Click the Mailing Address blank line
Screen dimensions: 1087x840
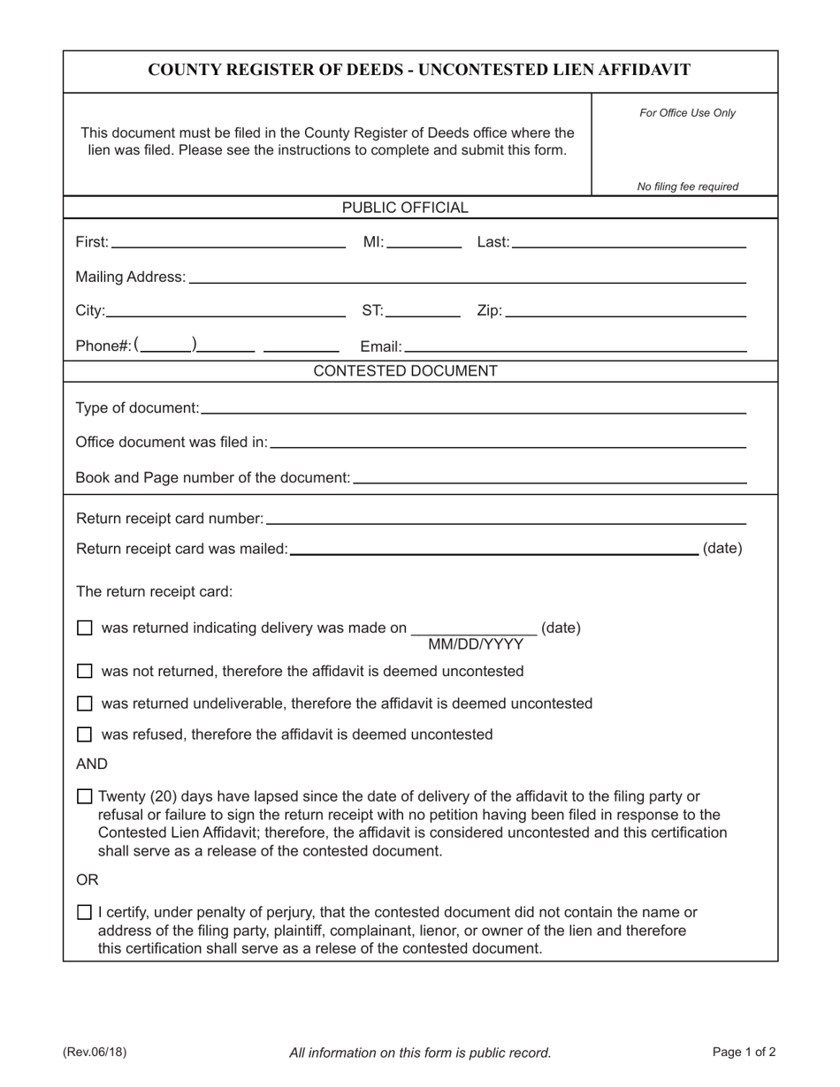[x=468, y=277]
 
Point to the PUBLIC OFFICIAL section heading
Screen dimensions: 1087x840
[x=405, y=208]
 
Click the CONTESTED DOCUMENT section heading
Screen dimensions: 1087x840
[x=405, y=371]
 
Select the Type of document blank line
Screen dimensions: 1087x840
[x=473, y=407]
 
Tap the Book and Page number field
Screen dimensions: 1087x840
[x=549, y=477]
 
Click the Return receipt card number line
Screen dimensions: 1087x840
[x=506, y=517]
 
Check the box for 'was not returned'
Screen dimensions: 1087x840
[x=84, y=672]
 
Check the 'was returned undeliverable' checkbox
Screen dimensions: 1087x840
[x=84, y=704]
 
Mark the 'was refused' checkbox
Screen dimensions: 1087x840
[x=84, y=734]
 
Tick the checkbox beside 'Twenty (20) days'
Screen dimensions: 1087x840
[x=84, y=796]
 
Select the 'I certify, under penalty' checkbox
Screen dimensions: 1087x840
[x=84, y=912]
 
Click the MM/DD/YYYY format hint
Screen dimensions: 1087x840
[x=476, y=644]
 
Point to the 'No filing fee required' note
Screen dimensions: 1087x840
[x=687, y=186]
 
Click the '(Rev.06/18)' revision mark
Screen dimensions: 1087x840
[x=95, y=1052]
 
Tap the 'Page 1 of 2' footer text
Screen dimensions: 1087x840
[x=744, y=1052]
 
